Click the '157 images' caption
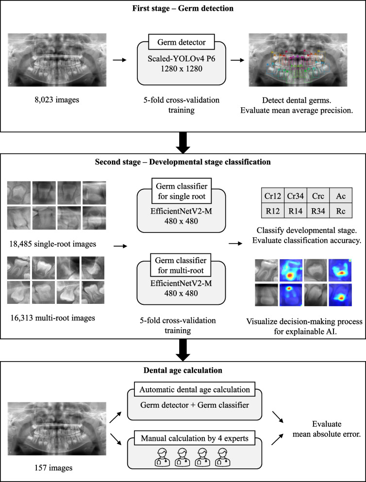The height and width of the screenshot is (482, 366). [50, 468]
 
